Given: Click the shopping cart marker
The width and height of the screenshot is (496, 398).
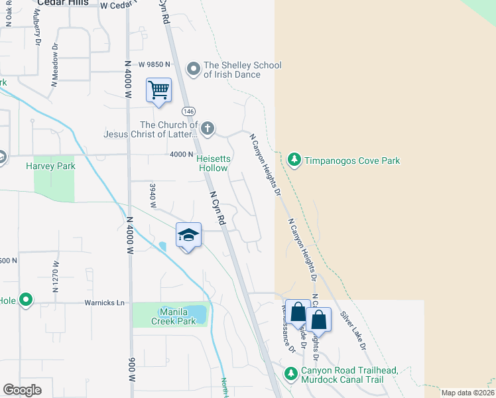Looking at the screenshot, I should [x=159, y=90].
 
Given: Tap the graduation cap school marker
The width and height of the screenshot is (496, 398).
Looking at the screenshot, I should [x=188, y=235].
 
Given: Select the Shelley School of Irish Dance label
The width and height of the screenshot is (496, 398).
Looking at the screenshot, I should [x=243, y=70].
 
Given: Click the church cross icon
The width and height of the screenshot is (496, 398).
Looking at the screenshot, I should [x=208, y=128].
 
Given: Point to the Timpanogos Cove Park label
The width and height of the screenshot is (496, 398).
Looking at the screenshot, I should [x=351, y=161].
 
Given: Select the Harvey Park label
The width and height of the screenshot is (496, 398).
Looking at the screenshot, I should [x=50, y=166].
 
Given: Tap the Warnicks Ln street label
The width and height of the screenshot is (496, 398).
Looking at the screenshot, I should [x=105, y=302].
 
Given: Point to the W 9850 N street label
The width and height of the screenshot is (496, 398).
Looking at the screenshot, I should [x=155, y=64].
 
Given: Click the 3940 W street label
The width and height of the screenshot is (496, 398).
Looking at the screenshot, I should [x=153, y=196].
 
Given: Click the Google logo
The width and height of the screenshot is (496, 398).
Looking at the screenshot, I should [x=22, y=390].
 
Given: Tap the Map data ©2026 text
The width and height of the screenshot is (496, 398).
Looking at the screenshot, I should [x=467, y=393].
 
